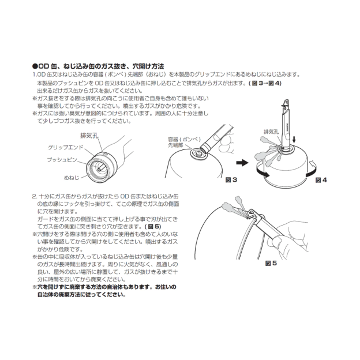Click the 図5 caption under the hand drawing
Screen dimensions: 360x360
point(271,263)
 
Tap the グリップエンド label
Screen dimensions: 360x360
point(61,147)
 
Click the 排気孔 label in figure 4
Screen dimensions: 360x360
point(272,132)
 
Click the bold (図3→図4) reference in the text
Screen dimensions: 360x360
point(264,83)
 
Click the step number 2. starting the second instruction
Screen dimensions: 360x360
point(34,196)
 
